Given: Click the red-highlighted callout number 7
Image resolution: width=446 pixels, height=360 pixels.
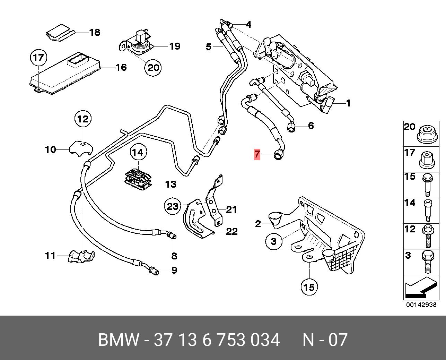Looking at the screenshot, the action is point(257,155).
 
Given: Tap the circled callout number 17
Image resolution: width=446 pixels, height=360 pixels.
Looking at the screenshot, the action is point(38,58).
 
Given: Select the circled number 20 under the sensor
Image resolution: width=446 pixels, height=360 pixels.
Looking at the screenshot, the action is point(153,68).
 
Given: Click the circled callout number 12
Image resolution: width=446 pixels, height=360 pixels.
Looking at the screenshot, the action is point(83,119).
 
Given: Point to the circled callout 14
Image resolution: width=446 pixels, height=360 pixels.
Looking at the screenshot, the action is point(138,153).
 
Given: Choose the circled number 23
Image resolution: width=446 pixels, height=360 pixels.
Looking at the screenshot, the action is point(173,206).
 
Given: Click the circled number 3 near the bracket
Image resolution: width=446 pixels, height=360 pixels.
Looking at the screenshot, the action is point(274,241).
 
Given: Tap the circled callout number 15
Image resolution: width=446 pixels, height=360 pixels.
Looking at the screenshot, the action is point(309,288).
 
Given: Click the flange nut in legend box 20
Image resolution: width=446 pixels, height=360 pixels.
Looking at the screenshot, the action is point(427,135).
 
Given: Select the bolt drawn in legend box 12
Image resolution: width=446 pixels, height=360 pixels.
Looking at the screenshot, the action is point(428,236).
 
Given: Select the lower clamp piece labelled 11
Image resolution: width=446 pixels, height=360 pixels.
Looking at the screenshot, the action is point(81,257).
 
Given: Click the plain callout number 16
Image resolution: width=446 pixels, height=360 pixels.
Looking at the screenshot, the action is point(121,68).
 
